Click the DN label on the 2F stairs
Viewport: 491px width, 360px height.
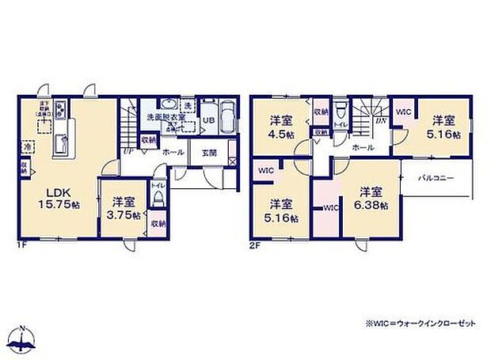[x=380, y=120]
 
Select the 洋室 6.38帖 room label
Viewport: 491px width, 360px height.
[x=368, y=198]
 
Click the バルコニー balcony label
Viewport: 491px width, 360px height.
[x=436, y=179]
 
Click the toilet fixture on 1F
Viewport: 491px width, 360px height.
[x=158, y=199]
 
